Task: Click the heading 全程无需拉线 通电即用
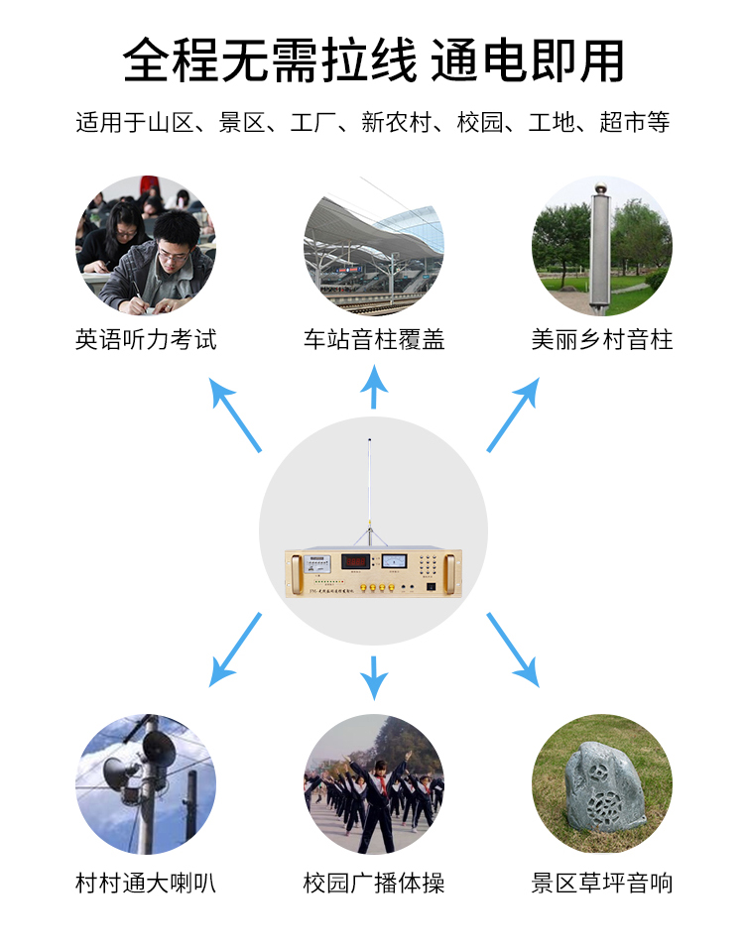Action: (373, 60)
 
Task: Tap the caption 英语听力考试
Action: (145, 340)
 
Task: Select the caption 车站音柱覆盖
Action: (373, 340)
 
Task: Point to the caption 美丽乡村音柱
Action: (601, 340)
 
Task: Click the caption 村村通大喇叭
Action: (145, 883)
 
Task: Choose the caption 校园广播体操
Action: (373, 883)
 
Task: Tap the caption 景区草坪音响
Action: (601, 883)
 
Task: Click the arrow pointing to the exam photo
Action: (235, 414)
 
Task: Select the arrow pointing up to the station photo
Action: (373, 388)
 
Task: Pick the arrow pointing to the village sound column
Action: (513, 414)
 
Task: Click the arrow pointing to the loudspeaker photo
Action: (235, 650)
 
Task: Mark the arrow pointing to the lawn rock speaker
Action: (513, 650)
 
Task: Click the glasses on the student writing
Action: (172, 253)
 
